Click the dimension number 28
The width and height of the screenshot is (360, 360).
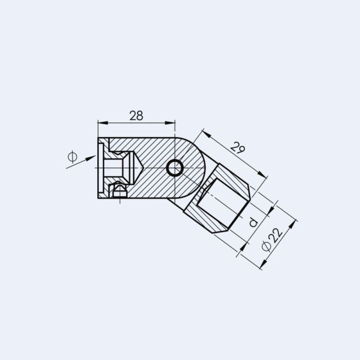point(136,115)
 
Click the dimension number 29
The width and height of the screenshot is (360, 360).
point(238,147)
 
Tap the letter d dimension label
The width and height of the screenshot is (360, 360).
point(253,222)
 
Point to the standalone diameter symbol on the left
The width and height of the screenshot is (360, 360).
point(72,157)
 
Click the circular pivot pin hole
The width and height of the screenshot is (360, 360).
point(175,168)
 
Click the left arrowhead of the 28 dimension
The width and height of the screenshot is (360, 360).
point(100,122)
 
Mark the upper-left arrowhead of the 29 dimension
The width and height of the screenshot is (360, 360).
point(204,132)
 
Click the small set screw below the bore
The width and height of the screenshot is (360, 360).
point(119,191)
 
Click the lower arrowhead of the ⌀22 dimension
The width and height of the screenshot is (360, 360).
point(262,266)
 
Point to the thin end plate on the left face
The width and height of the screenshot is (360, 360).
point(100,168)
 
